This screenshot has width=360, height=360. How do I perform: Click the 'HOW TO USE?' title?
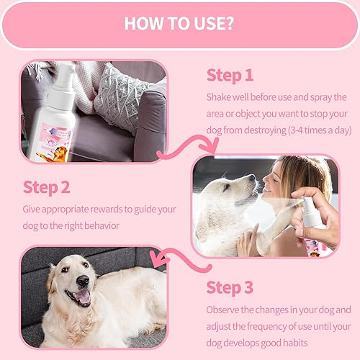tap(179, 22)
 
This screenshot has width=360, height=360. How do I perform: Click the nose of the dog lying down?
tap(84, 279)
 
